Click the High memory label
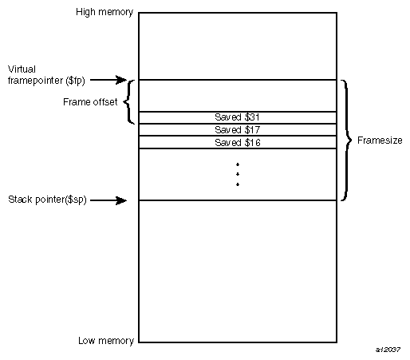point(104,13)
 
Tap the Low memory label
point(105,341)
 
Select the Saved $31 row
point(238,117)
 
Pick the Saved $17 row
point(238,129)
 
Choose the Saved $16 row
point(238,142)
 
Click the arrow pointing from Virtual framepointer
point(120,80)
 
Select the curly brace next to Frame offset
point(129,102)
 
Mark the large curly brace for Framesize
point(345,140)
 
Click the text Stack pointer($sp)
point(48,200)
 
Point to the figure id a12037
point(388,350)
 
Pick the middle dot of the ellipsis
point(238,174)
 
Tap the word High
point(85,13)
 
